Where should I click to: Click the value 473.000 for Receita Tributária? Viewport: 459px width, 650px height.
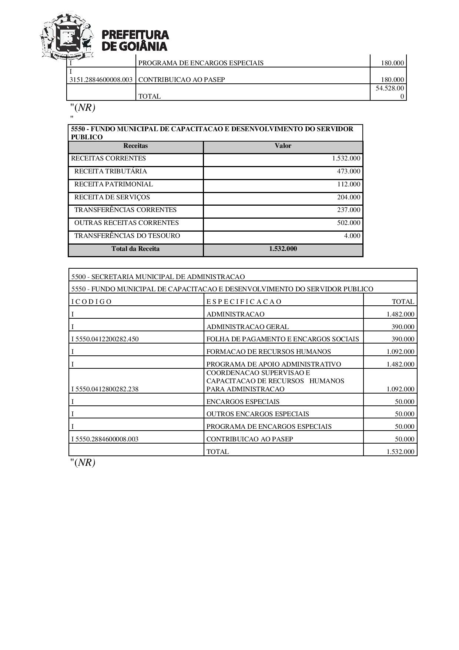[348, 171]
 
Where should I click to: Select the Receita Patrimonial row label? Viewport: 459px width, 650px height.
[113, 184]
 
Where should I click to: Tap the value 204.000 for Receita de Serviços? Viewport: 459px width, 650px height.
[348, 197]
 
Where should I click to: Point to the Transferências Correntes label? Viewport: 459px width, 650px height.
[125, 210]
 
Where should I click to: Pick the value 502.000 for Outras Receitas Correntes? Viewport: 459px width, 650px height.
[348, 223]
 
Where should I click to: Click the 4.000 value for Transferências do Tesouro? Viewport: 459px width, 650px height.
[352, 236]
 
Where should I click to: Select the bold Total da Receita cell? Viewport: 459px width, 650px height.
[135, 249]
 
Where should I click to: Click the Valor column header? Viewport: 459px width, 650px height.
[283, 146]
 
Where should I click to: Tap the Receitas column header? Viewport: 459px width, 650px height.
[135, 146]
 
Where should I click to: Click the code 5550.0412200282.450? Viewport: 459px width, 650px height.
[105, 339]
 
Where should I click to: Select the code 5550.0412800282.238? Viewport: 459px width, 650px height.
[105, 389]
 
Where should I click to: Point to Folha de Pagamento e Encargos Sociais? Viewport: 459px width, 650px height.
[282, 339]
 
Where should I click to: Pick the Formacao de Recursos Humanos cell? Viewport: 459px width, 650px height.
[268, 352]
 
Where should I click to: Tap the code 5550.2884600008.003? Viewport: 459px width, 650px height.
[105, 439]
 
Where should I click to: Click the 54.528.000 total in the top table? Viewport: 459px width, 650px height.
[390, 92]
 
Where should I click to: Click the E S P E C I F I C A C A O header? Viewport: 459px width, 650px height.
[244, 302]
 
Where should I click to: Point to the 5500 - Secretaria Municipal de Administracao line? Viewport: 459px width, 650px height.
[158, 277]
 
